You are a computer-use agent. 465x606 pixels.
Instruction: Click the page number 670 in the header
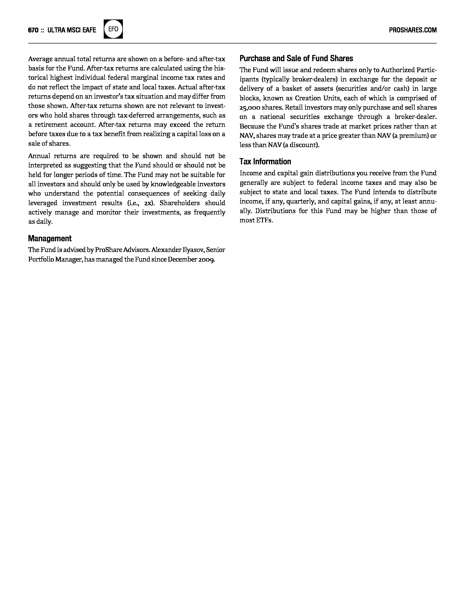click(x=33, y=30)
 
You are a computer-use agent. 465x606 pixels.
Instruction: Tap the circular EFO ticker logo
click(x=113, y=29)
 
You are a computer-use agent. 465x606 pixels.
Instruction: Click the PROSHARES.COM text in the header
click(x=413, y=30)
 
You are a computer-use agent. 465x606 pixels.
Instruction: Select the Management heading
click(x=50, y=238)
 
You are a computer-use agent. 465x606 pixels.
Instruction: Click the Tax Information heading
click(x=265, y=162)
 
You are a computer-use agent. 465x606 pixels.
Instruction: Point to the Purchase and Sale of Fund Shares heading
click(x=296, y=58)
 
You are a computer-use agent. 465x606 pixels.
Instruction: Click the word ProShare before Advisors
click(x=109, y=250)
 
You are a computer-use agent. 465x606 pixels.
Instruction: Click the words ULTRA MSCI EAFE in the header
click(x=72, y=30)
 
